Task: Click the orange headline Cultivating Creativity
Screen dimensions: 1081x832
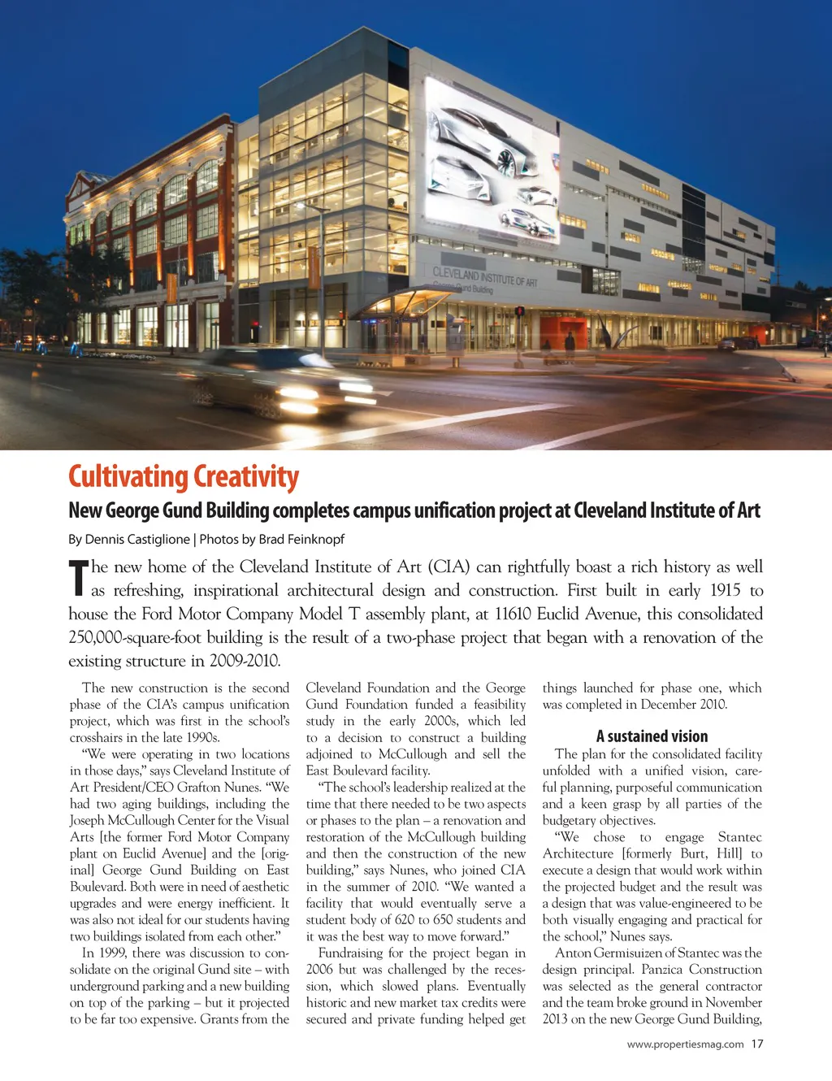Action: (x=184, y=477)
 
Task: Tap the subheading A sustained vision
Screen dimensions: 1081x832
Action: (x=652, y=736)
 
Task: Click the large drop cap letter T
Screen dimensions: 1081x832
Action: (x=78, y=578)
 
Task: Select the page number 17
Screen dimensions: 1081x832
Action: (x=757, y=1044)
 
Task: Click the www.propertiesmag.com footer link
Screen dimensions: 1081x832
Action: (x=685, y=1044)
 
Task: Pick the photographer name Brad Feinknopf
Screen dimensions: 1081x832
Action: (x=301, y=539)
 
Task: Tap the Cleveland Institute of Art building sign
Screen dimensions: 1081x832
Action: (x=484, y=277)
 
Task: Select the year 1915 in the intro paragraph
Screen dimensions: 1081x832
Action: (x=726, y=590)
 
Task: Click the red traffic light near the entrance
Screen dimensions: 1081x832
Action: (x=519, y=311)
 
